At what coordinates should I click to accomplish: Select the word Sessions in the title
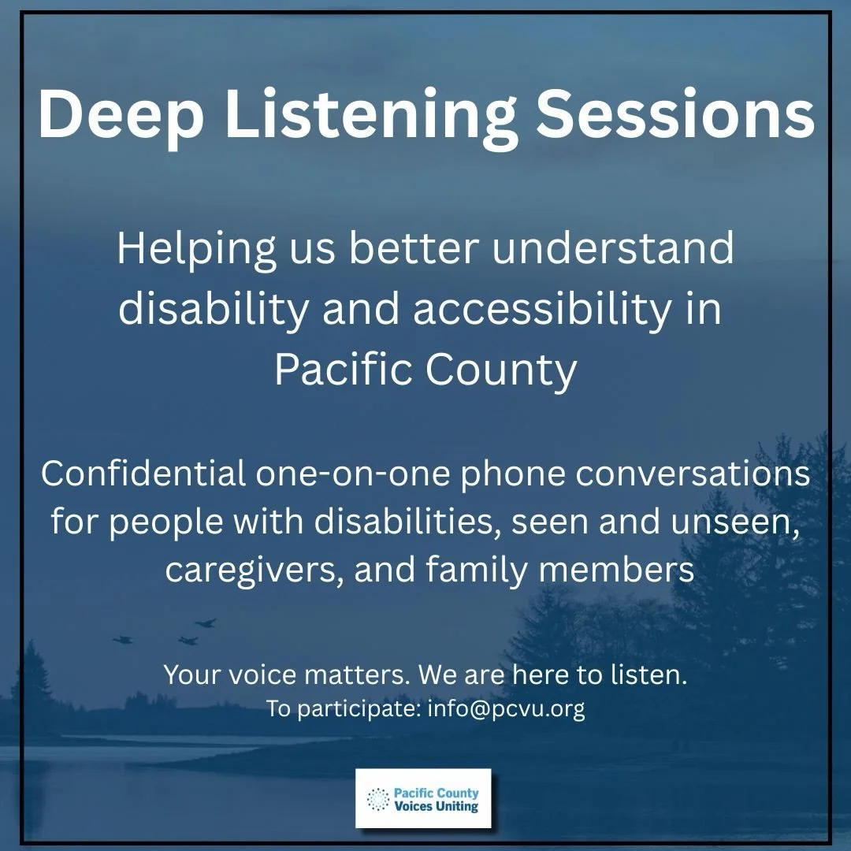pos(674,116)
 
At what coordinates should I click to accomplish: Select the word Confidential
pos(143,475)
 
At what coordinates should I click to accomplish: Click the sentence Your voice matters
pos(287,675)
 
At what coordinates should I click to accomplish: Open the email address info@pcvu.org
pos(506,709)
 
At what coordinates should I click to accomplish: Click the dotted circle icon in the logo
pos(378,799)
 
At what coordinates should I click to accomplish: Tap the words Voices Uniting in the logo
pos(436,806)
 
